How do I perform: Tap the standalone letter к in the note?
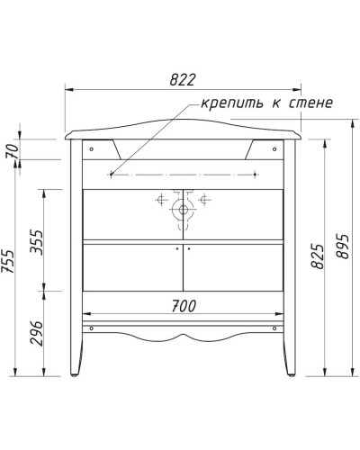[271, 103]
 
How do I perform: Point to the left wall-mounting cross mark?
[111, 173]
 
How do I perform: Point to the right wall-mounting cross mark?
[256, 173]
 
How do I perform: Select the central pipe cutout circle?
[183, 211]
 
